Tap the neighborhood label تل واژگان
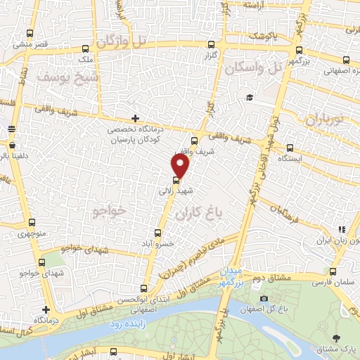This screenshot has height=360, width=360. coord(123,41)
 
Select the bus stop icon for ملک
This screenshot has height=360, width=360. coord(85,49)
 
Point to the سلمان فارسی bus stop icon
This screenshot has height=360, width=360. coord(333,271)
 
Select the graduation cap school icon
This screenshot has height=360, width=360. coord(248,97)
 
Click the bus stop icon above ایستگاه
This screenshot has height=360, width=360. coord(290,148)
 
